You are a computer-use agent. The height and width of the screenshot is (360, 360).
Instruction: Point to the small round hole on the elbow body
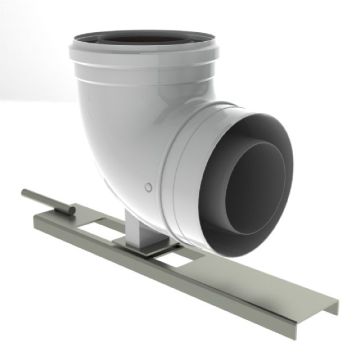point(149,186)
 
